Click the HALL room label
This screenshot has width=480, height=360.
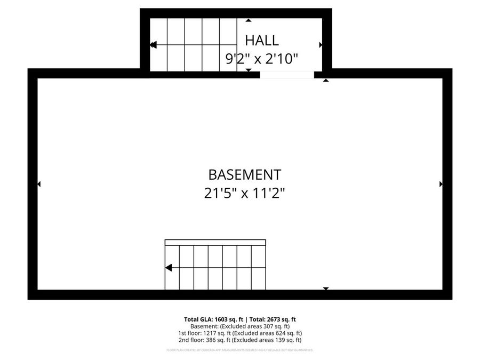tap(261, 40)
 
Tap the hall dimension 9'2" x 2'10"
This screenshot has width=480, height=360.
tap(261, 59)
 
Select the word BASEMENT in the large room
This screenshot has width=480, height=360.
tap(244, 174)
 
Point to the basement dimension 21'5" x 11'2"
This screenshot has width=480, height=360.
tap(244, 193)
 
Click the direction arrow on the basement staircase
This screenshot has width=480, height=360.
tap(169, 268)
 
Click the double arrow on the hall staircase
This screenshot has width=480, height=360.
tap(153, 45)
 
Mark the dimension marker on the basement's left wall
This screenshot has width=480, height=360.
tap(38, 184)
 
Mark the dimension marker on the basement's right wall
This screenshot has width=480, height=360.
tap(441, 184)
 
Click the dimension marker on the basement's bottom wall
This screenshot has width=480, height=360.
tap(326, 289)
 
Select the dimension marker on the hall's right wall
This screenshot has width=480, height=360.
tap(321, 45)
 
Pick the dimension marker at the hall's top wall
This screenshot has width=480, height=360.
tap(249, 21)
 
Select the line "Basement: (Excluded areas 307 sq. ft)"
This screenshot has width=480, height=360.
tap(240, 326)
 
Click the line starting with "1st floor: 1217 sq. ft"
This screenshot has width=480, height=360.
tap(240, 333)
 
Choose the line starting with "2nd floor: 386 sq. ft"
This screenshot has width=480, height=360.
tap(240, 340)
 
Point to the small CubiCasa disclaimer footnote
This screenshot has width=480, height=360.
tap(240, 350)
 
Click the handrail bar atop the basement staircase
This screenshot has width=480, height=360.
tap(215, 243)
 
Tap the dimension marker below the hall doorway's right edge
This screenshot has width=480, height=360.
tap(326, 81)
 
